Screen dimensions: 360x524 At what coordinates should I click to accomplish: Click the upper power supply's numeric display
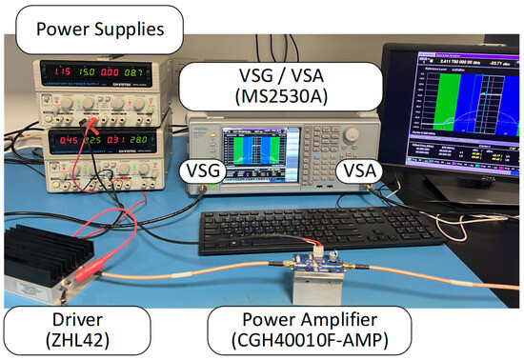tap(92, 71)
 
